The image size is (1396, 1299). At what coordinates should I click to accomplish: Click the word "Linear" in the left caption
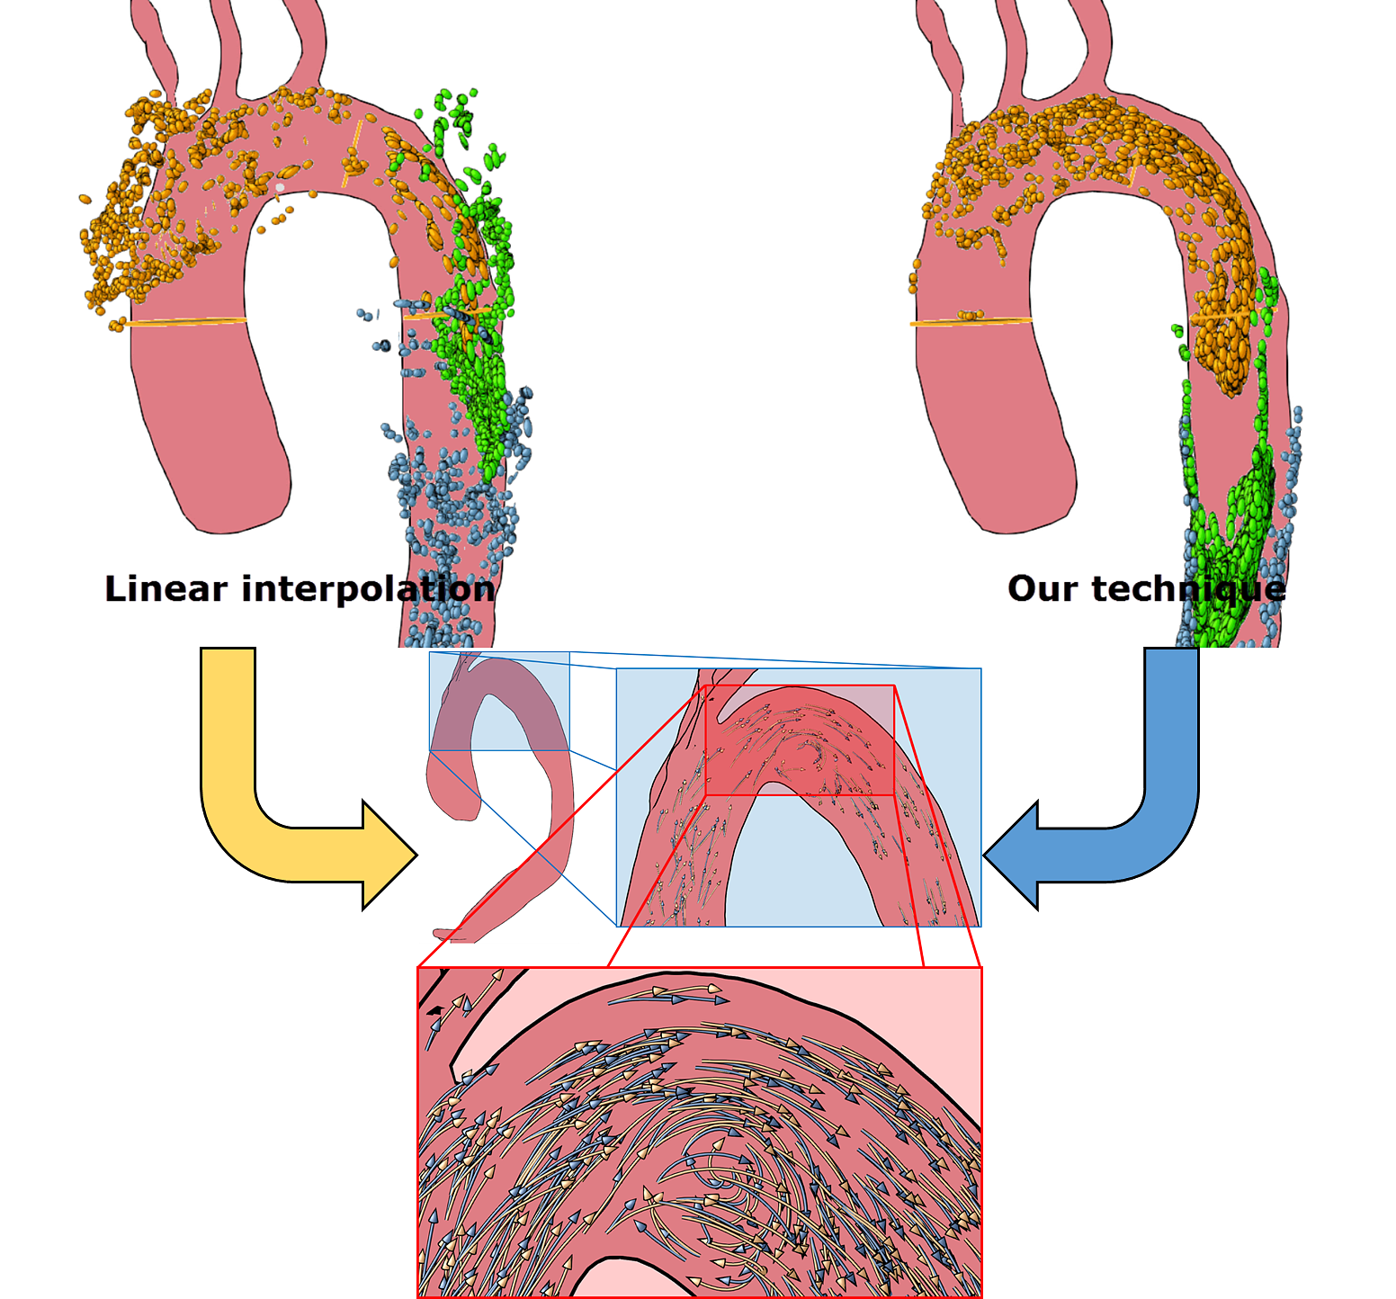coord(166,589)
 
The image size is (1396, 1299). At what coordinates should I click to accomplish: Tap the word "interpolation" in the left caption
coord(368,589)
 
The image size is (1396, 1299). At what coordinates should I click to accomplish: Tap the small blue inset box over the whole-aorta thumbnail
coord(499,701)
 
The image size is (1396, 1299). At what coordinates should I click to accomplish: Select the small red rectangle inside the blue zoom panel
coord(800,739)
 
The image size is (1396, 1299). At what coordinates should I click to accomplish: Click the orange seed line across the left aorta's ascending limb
coord(188,321)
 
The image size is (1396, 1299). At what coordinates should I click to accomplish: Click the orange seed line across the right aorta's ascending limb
coord(971,320)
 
